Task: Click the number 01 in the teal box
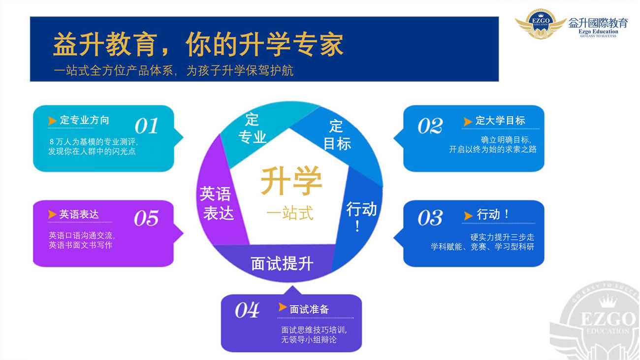pos(146,126)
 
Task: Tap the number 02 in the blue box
pos(430,126)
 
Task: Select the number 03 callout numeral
pos(430,218)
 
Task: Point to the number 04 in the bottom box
pos(247,310)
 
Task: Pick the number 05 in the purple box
pos(146,218)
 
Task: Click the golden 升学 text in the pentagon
pos(291,181)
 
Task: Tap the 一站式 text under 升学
pos(290,213)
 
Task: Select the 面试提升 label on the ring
pos(282,263)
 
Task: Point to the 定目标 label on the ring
pos(337,135)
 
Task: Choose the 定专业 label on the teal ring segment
pos(252,128)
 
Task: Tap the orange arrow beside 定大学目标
pos(467,122)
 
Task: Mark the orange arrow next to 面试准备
pos(282,307)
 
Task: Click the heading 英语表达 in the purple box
pos(79,214)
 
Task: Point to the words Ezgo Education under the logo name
pos(598,32)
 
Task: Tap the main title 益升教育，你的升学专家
pos(198,45)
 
